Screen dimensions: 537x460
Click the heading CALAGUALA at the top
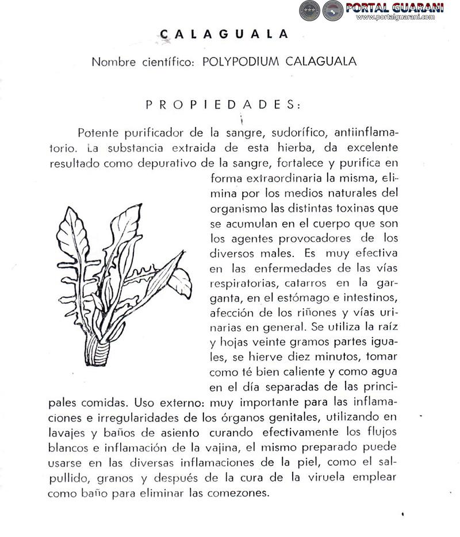224,34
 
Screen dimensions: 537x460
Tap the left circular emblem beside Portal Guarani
309,10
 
